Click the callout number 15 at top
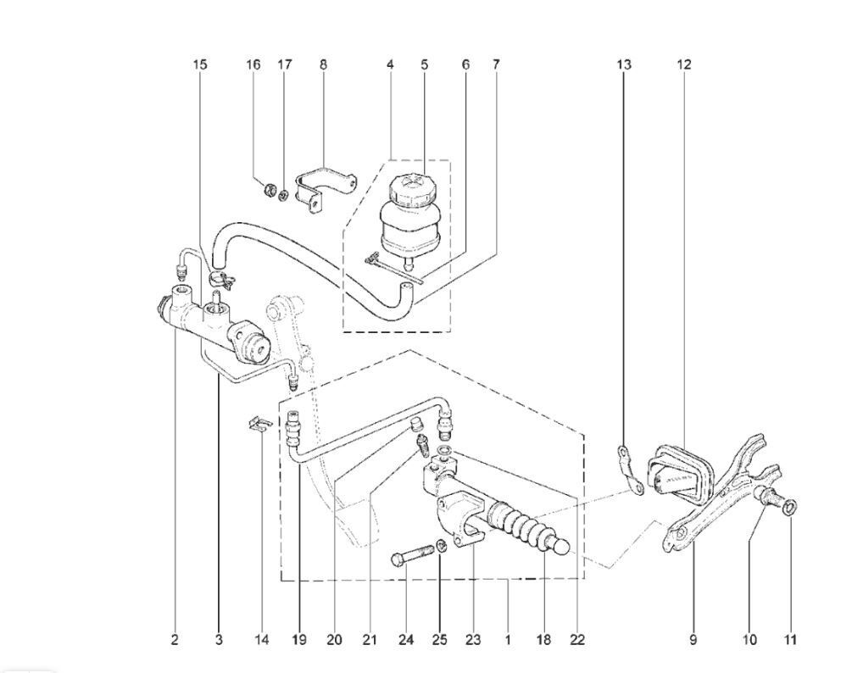tap(199, 65)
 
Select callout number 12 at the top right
tap(684, 65)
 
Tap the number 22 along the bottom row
tap(577, 639)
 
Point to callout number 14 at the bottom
tap(261, 639)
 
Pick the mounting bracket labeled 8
tap(325, 190)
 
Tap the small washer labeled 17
tap(284, 193)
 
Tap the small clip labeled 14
tap(260, 424)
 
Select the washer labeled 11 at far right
tap(790, 507)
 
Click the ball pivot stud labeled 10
tap(768, 496)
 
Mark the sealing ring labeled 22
tap(444, 449)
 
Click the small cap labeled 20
tap(415, 425)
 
